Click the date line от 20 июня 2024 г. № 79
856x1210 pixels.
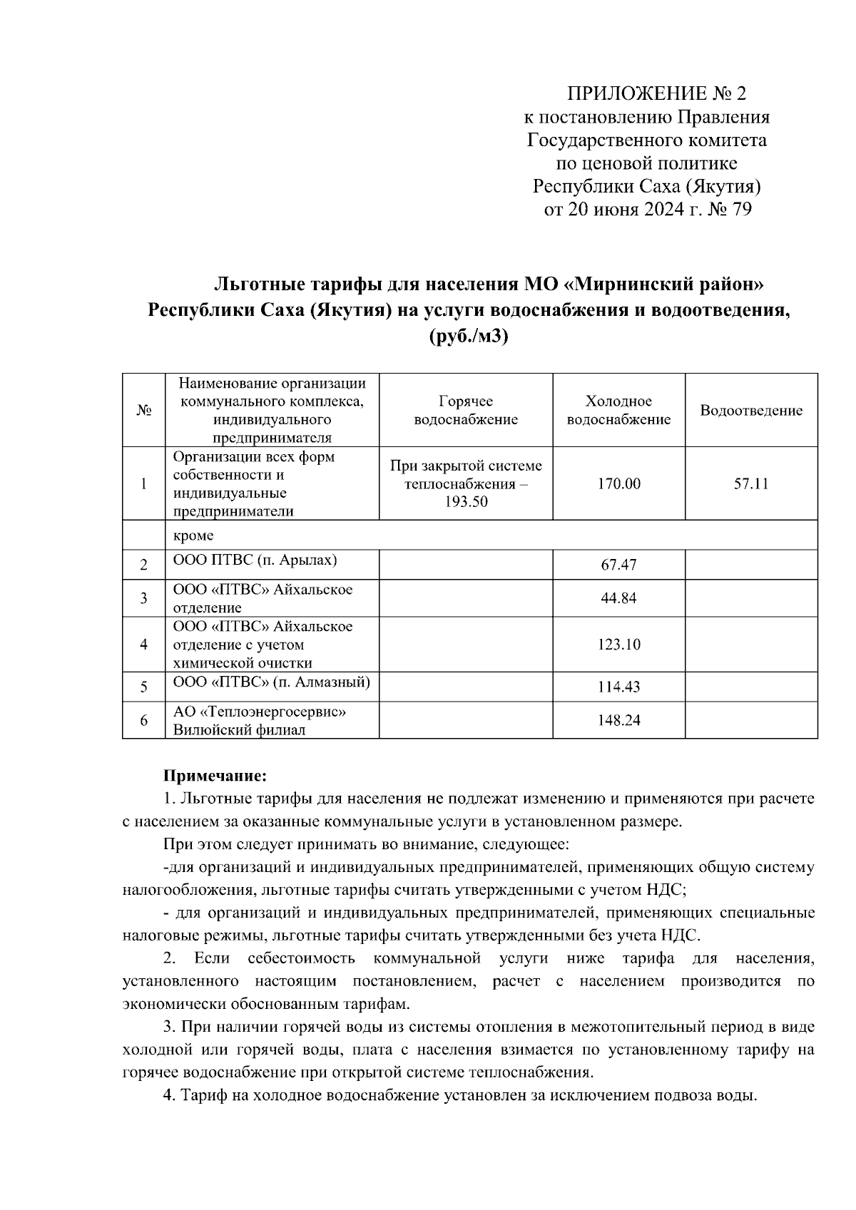click(648, 210)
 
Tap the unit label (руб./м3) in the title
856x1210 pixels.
click(468, 336)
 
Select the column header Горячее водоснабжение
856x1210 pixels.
click(466, 410)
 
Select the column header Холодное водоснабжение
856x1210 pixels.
click(618, 410)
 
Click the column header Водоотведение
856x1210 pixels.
click(751, 411)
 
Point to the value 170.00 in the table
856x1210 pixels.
click(618, 484)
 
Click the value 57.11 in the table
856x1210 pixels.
click(751, 484)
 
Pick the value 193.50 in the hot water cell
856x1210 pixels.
click(466, 503)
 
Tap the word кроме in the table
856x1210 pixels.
click(193, 535)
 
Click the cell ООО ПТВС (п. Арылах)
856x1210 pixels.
click(255, 560)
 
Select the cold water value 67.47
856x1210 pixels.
click(618, 565)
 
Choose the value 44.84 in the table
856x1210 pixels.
click(618, 598)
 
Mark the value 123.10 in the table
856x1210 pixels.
click(618, 645)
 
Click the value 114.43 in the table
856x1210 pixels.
click(618, 687)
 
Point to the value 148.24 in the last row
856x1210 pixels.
click(618, 721)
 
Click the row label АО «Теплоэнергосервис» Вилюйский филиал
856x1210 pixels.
click(260, 720)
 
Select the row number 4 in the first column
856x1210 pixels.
click(143, 645)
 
